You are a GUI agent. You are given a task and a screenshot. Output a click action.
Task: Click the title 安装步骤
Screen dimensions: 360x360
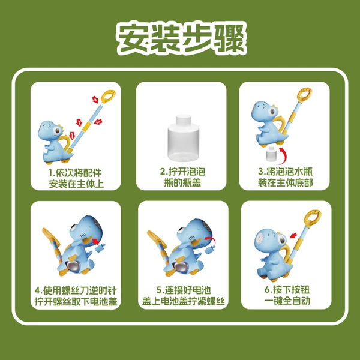(181, 38)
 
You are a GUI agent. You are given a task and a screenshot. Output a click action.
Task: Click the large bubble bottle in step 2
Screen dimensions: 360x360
(184, 138)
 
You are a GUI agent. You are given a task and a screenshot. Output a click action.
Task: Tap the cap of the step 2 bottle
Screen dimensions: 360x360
(184, 119)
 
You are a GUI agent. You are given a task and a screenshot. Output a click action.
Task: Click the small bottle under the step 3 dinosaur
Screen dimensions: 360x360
(271, 154)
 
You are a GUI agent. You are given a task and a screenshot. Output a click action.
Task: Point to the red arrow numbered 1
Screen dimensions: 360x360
(72, 136)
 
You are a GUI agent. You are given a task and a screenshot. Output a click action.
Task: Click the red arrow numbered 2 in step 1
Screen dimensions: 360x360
(79, 122)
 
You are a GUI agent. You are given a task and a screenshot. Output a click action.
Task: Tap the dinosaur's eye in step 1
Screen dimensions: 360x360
(57, 131)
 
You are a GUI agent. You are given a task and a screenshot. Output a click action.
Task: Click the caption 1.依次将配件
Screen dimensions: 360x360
(76, 173)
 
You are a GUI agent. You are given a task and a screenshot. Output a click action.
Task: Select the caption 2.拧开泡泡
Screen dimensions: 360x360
(182, 172)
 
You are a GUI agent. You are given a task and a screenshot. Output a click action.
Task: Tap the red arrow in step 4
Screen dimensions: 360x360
(95, 241)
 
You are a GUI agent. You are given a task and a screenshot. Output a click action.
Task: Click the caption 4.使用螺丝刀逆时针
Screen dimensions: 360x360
(76, 290)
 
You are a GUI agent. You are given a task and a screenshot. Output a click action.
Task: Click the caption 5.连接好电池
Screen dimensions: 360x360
(184, 290)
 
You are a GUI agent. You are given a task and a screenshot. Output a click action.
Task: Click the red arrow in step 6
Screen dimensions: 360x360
(293, 236)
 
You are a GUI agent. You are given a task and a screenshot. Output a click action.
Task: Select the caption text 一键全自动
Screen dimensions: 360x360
(287, 301)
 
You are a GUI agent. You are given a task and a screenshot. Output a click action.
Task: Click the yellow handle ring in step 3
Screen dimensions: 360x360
(304, 94)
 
